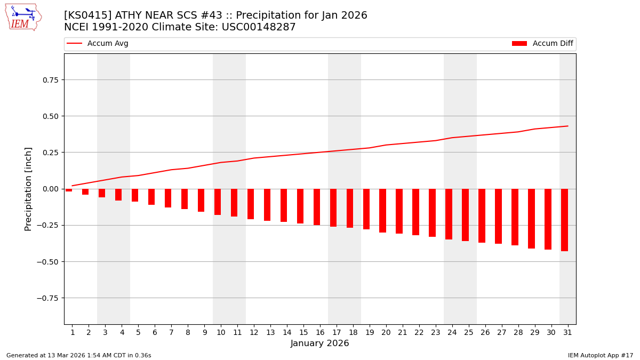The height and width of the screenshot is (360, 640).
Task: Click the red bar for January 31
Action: point(564,220)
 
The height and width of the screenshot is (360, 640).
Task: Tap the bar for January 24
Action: point(449,214)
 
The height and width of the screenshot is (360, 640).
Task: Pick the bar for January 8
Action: point(185,199)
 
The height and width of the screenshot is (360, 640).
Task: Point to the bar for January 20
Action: point(382,211)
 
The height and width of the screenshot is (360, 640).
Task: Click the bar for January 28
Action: point(515,217)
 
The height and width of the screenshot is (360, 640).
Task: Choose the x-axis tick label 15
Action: point(303,333)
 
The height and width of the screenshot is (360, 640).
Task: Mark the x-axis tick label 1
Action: point(73,333)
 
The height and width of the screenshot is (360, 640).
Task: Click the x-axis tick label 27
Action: point(501,333)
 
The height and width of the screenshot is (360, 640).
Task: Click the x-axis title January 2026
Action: point(320,344)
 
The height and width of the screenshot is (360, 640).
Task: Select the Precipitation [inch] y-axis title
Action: point(29,189)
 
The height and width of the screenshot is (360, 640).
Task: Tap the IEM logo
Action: point(23,17)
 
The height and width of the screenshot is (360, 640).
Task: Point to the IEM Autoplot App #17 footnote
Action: point(601,355)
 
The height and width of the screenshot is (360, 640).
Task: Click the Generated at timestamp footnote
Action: point(79,355)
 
